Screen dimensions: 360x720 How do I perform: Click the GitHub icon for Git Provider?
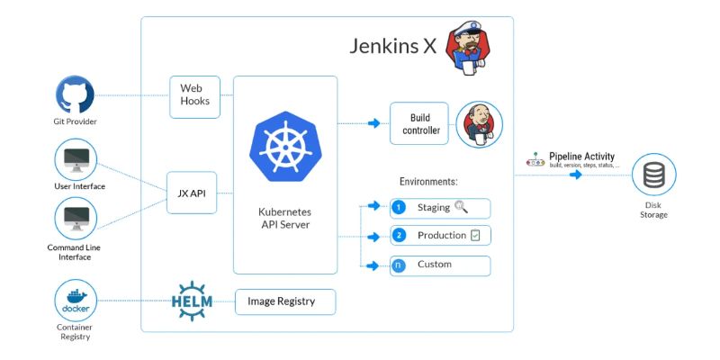[x=75, y=94]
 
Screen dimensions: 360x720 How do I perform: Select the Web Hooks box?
[x=194, y=94]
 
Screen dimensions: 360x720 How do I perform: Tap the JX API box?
[x=192, y=192]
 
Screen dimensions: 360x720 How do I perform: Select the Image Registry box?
[x=285, y=301]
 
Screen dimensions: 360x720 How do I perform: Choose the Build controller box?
[x=418, y=124]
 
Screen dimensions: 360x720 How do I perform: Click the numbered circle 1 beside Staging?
[x=400, y=208]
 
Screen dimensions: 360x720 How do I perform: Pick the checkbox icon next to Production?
[x=475, y=236]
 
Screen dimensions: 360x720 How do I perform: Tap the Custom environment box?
[x=440, y=265]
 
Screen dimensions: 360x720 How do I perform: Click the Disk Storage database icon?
[x=653, y=175]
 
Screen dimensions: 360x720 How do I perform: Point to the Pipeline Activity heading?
[x=581, y=157]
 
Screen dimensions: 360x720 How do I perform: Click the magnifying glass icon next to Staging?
[x=462, y=207]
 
